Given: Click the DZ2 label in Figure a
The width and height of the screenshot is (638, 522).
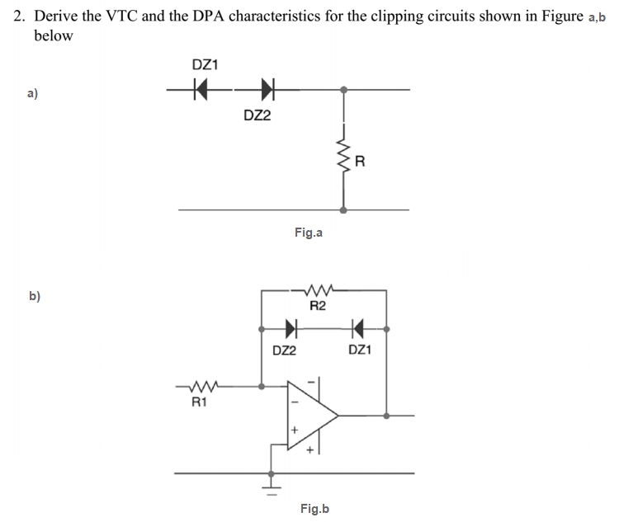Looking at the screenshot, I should (258, 115).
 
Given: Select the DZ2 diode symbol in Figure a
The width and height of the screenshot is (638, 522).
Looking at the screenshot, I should (267, 87).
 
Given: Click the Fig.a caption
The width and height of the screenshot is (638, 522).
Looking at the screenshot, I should (308, 233).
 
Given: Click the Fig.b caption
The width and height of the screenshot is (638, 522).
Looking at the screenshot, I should (314, 509).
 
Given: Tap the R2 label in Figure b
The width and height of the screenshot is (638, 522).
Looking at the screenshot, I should (318, 307).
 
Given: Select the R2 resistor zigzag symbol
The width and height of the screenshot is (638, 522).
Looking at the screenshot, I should (318, 290).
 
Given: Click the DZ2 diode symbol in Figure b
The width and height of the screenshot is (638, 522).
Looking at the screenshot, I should (291, 331).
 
